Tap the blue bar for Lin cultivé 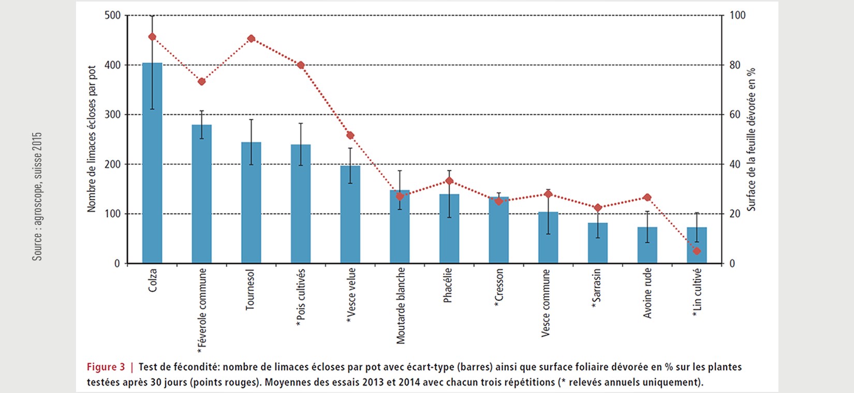click(x=697, y=245)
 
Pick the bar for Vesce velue click(x=350, y=214)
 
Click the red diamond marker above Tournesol click(x=251, y=39)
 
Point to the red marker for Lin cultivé click(x=697, y=251)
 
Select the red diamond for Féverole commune click(x=202, y=82)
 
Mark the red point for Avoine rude click(x=647, y=198)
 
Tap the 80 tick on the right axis click(x=735, y=65)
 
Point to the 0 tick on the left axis click(x=117, y=264)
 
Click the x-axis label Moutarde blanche click(x=401, y=306)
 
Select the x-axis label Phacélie click(x=448, y=285)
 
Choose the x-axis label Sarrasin click(x=597, y=289)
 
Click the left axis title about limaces click(x=92, y=139)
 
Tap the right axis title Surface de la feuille click(x=752, y=139)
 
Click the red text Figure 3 click(x=106, y=367)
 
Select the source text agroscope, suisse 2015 click(x=37, y=196)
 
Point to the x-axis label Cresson click(x=498, y=288)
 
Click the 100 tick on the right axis click(x=738, y=16)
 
